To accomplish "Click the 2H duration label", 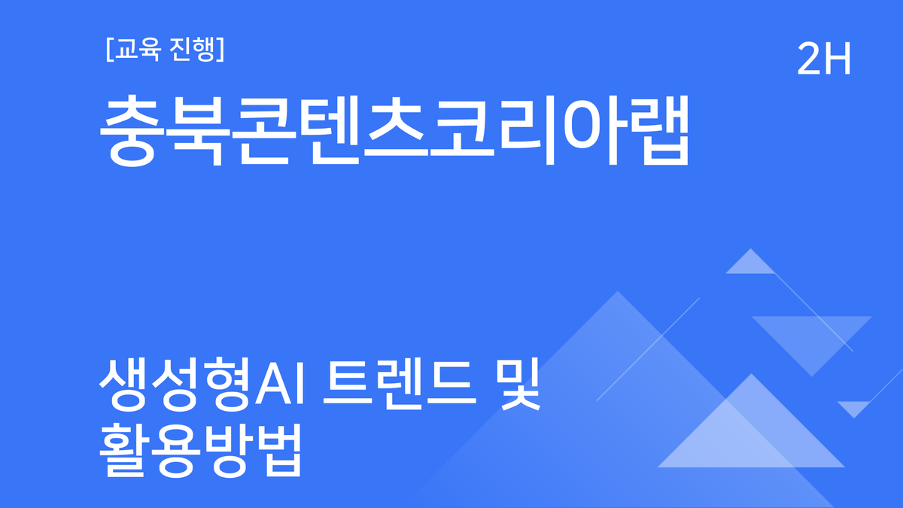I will point(824,59).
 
